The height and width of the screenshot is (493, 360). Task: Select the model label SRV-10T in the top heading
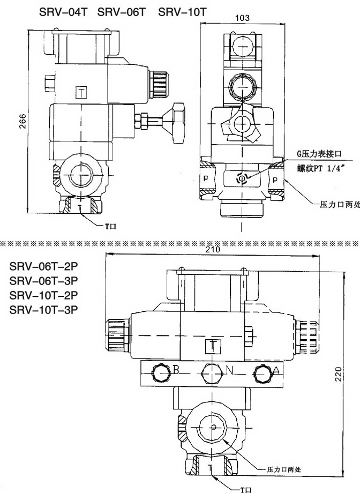click(183, 12)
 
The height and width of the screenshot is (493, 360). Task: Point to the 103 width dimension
click(243, 18)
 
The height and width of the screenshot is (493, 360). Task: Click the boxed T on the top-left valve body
click(81, 92)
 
